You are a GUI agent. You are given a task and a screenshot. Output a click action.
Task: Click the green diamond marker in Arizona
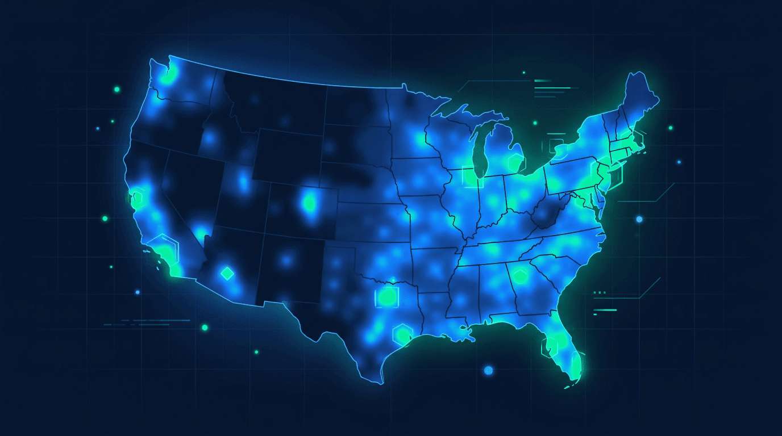point(227,274)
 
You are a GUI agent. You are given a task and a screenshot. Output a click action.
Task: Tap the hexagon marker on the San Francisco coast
point(137,198)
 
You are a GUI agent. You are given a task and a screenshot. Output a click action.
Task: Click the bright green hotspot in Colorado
point(310,202)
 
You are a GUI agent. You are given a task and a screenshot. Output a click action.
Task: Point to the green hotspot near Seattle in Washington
point(168,77)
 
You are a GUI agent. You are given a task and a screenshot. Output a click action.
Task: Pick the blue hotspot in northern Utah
point(244,181)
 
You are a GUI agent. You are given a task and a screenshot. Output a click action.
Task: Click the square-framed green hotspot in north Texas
point(388,296)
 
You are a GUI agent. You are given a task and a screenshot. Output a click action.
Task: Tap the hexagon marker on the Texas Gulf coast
point(402,333)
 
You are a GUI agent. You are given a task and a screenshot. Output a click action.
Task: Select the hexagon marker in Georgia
point(519,276)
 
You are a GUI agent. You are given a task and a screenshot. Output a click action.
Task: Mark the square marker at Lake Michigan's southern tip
point(472,177)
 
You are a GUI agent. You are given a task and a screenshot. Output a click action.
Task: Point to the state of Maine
point(639,99)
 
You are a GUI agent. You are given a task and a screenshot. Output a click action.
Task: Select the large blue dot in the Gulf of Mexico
point(488,370)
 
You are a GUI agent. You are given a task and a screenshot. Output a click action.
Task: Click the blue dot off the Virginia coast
point(639,219)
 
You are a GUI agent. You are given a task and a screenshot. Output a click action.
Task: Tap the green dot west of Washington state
point(117,89)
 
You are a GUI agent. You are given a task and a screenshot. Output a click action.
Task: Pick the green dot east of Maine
point(671,128)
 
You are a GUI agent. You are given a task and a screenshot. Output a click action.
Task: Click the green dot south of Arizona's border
point(205,328)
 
